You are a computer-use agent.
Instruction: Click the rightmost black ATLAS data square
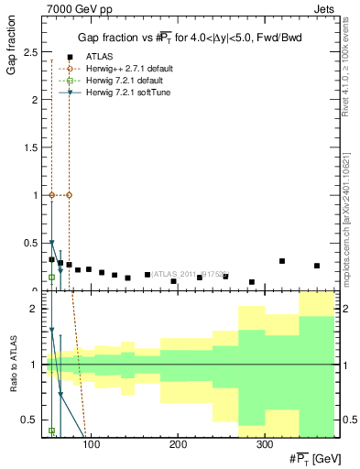317,266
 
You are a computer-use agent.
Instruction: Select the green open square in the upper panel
51,277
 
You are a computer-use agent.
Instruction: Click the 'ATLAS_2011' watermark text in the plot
184,273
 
